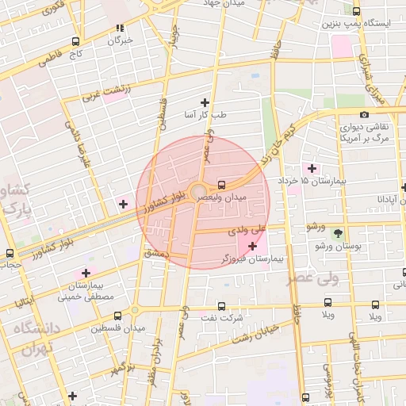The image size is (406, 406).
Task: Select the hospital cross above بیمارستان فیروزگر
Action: (x=253, y=247)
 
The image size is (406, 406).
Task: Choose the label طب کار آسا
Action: (x=205, y=115)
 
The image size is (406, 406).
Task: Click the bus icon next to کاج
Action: (x=75, y=41)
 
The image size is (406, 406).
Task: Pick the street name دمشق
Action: (x=158, y=251)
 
